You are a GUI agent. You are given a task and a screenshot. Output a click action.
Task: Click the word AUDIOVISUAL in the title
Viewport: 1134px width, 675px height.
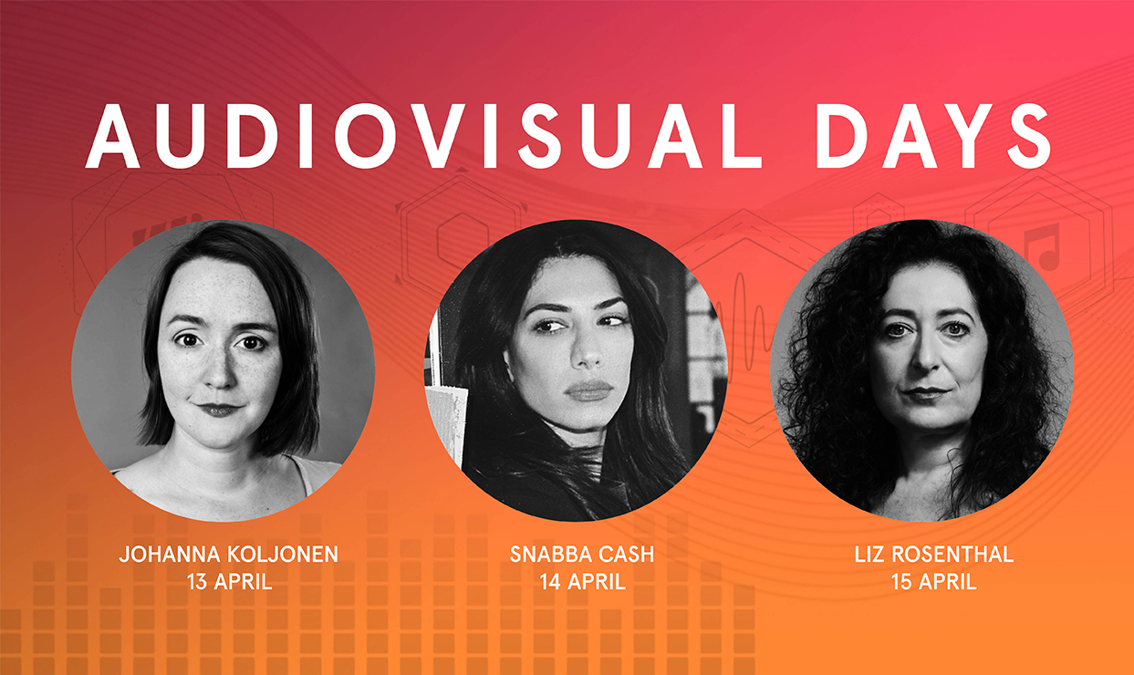[x=423, y=136]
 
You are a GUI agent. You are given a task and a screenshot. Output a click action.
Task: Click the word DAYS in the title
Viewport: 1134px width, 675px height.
[x=933, y=136]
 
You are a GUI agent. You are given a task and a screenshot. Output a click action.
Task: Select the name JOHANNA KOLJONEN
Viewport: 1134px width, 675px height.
[x=229, y=554]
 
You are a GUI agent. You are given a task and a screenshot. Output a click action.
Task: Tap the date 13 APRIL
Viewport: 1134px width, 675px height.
[x=229, y=582]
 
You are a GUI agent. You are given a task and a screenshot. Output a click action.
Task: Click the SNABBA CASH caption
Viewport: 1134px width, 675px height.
[x=582, y=554]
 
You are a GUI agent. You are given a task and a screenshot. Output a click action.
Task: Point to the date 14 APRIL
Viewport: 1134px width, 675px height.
[x=582, y=582]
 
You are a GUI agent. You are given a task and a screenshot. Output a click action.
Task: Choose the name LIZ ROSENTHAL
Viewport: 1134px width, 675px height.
[x=934, y=554]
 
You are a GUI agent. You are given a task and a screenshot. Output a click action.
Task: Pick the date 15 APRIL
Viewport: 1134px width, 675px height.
[x=934, y=582]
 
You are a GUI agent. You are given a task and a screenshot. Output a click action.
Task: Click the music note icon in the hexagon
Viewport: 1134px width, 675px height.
[x=1042, y=247]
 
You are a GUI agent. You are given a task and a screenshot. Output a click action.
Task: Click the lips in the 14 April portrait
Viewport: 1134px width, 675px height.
[x=588, y=390]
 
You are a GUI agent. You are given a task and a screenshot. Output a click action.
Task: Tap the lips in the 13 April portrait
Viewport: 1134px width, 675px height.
[x=219, y=409]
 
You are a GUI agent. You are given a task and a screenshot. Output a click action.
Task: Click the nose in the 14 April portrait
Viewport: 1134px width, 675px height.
[x=588, y=354]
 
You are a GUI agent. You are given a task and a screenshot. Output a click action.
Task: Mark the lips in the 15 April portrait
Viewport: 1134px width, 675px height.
[x=925, y=392]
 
